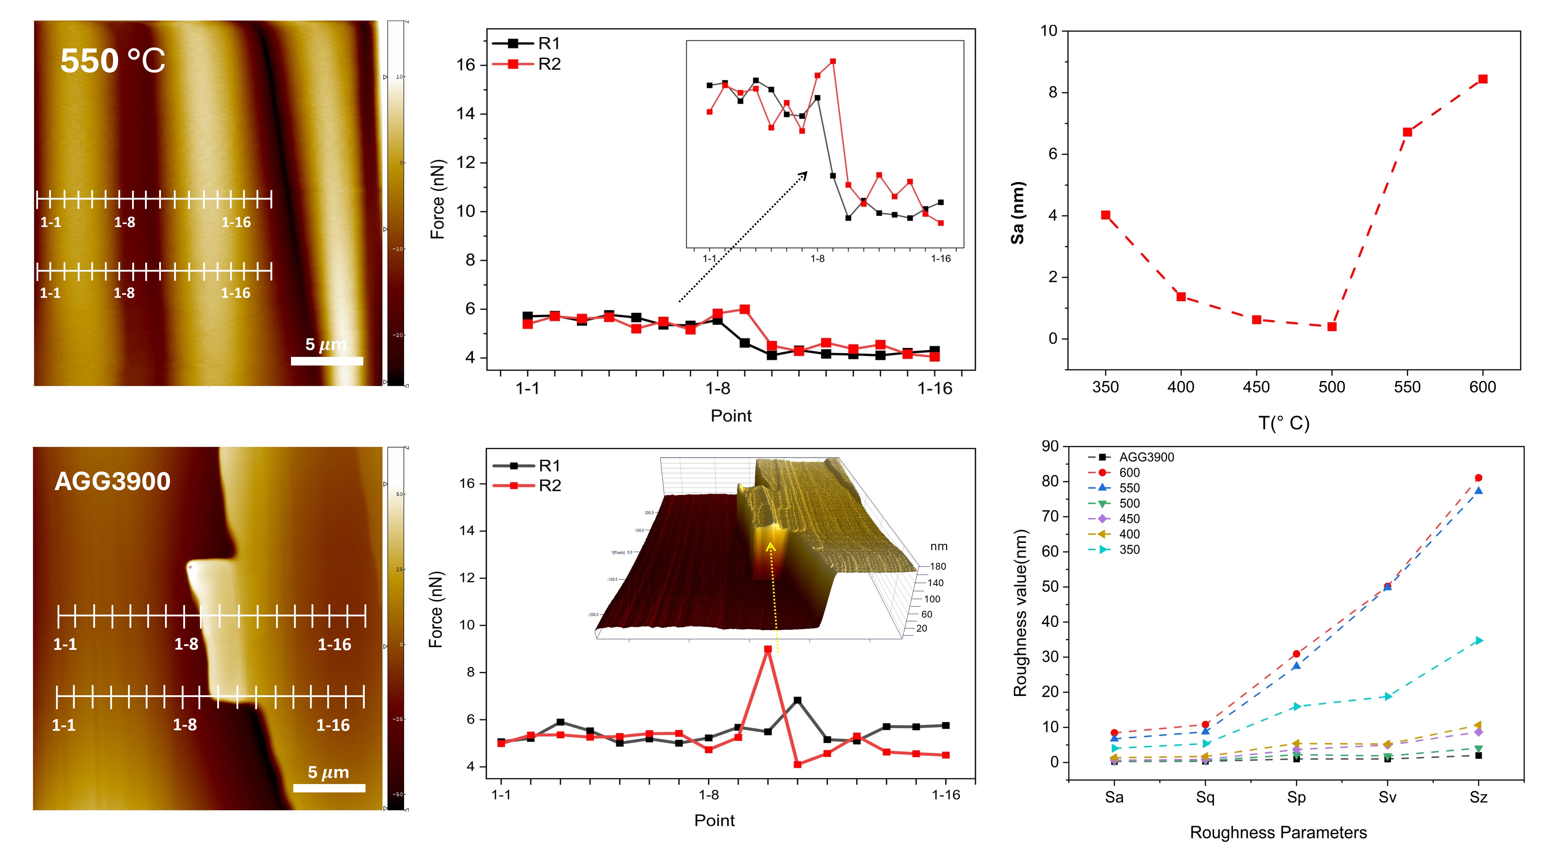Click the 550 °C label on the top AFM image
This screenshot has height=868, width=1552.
(113, 61)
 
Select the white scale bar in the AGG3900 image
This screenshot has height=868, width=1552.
(329, 788)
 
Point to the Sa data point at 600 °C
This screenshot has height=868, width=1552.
(1483, 79)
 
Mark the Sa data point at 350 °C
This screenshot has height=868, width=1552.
(1106, 215)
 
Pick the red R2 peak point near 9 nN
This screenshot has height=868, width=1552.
(768, 649)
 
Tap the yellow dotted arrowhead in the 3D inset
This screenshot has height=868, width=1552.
(770, 546)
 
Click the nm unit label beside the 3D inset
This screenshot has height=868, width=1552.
(939, 547)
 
